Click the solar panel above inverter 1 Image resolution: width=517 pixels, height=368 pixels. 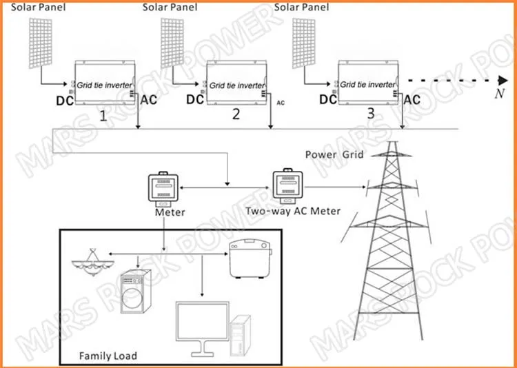tap(40, 43)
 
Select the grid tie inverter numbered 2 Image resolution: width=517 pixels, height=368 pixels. tap(236, 83)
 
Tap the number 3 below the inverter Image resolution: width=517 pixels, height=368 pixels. tap(371, 114)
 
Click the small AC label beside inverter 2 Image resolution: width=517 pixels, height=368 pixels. tap(281, 103)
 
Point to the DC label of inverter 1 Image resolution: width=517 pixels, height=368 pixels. tap(65, 101)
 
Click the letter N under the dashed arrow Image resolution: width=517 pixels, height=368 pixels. tap(500, 94)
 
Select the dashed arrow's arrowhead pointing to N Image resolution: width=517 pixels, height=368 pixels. tap(503, 80)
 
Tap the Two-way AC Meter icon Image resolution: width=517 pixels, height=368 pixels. tap(287, 186)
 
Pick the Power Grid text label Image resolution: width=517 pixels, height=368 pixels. tap(334, 154)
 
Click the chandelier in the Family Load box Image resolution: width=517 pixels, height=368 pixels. tap(93, 263)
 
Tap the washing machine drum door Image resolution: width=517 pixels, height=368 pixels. tap(132, 298)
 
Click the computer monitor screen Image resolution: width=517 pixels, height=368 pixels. tap(202, 321)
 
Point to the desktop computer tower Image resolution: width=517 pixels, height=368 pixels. tap(241, 336)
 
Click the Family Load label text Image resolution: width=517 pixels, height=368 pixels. tap(108, 356)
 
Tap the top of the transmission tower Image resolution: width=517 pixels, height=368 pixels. tap(392, 143)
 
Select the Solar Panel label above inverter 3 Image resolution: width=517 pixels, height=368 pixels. tap(301, 8)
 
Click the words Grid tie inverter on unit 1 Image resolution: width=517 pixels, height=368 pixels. tap(104, 85)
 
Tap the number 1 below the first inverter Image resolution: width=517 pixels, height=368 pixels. tap(103, 116)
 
